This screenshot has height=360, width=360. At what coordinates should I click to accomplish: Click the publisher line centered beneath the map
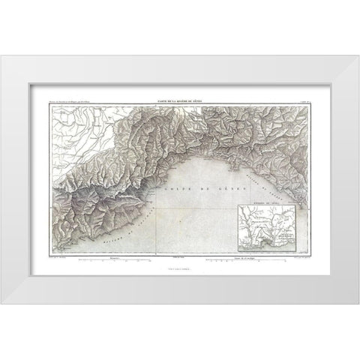coord(179,269)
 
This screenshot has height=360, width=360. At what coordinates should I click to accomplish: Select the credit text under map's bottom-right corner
coord(301,258)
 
